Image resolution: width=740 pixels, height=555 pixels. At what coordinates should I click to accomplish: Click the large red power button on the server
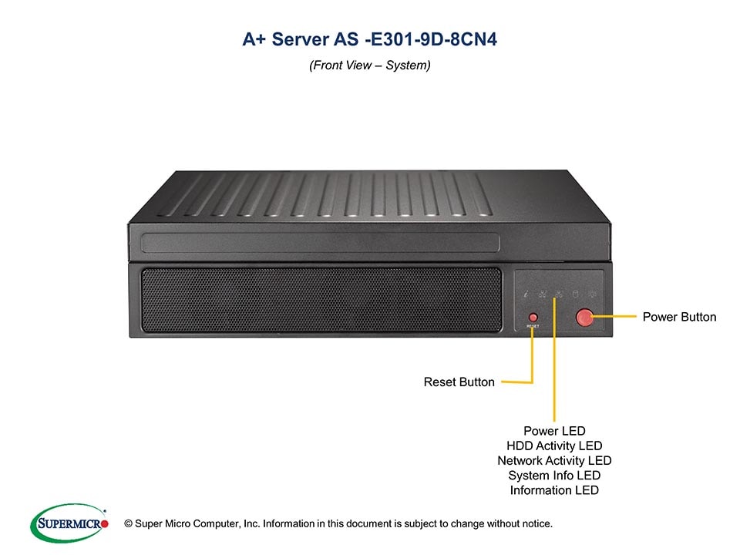pyautogui.click(x=585, y=317)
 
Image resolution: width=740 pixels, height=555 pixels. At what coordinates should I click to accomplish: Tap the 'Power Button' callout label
pyautogui.click(x=679, y=317)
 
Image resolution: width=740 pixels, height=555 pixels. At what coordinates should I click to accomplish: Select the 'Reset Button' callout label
pyautogui.click(x=459, y=382)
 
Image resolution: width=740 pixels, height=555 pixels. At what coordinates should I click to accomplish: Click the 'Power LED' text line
pyautogui.click(x=554, y=431)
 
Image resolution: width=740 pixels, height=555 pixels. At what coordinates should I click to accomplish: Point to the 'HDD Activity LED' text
pyautogui.click(x=554, y=446)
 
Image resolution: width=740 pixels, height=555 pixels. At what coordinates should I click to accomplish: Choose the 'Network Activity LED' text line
pyautogui.click(x=554, y=460)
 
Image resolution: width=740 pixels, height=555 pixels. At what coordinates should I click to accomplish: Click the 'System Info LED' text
pyautogui.click(x=554, y=476)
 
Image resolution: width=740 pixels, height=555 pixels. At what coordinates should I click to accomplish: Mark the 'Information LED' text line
pyautogui.click(x=554, y=490)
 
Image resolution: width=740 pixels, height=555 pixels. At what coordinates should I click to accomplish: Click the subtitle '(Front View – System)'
pyautogui.click(x=370, y=66)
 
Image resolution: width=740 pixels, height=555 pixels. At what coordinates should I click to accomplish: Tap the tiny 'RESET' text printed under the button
pyautogui.click(x=533, y=327)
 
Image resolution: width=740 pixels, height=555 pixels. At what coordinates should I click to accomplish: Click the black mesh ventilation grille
pyautogui.click(x=321, y=300)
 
